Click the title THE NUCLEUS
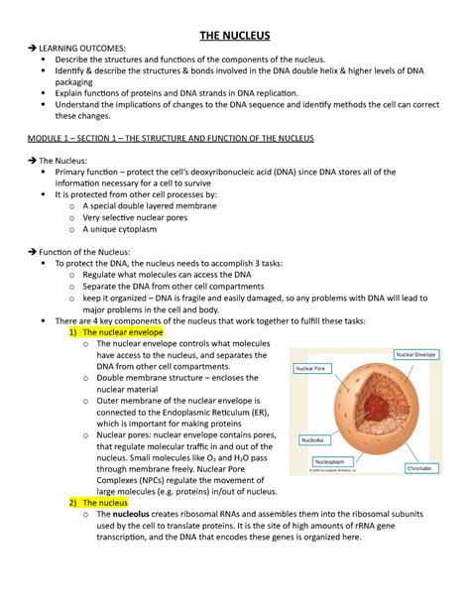pos(235,36)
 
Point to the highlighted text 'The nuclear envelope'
pos(116,333)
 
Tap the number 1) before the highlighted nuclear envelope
pos(73,333)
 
